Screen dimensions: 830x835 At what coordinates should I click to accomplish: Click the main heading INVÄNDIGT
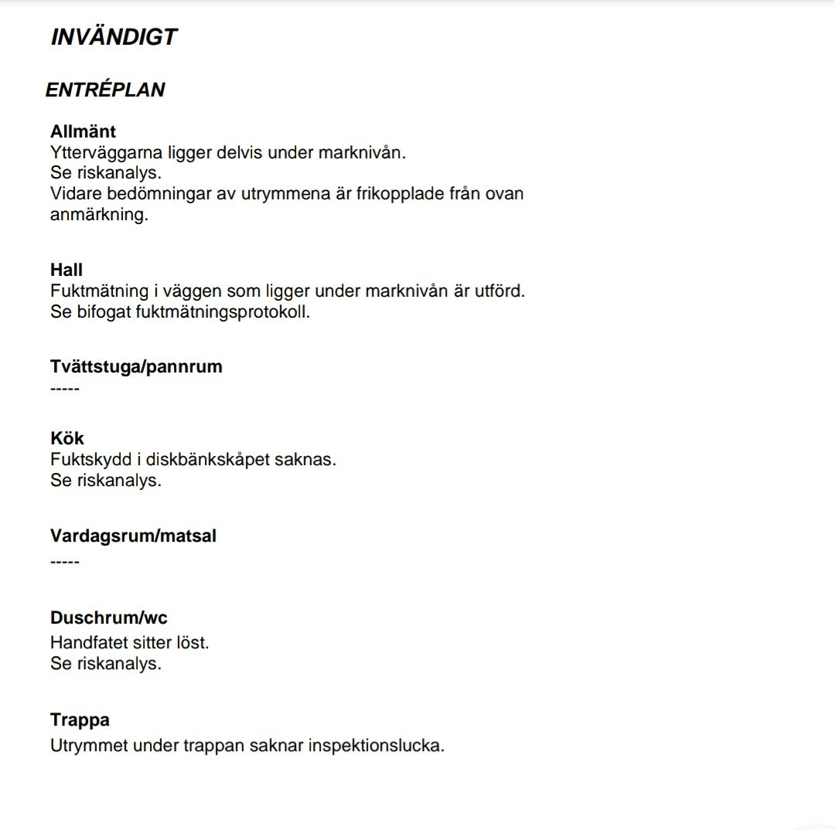click(114, 37)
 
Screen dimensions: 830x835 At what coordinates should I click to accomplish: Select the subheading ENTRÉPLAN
click(105, 90)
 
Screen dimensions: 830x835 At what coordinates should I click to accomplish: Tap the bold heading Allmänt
click(83, 131)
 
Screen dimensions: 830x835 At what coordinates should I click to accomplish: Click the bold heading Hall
click(66, 270)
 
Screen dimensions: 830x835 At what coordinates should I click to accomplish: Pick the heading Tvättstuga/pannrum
click(136, 366)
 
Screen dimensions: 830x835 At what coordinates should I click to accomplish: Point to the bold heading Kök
click(67, 438)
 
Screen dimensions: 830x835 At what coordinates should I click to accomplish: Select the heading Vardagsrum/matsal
click(133, 536)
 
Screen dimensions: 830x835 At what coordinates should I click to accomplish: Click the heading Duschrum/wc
click(108, 617)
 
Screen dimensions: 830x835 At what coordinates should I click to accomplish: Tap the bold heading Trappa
click(80, 720)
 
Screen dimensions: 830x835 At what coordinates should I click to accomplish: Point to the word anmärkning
click(98, 215)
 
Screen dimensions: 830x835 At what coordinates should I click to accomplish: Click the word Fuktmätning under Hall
click(99, 291)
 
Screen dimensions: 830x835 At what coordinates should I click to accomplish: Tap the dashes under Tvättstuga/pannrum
click(65, 387)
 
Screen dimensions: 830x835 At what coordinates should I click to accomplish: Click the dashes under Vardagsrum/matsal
click(65, 560)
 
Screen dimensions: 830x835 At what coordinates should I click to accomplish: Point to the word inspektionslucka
click(376, 746)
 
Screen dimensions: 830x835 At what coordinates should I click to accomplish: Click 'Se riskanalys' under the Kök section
click(106, 480)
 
